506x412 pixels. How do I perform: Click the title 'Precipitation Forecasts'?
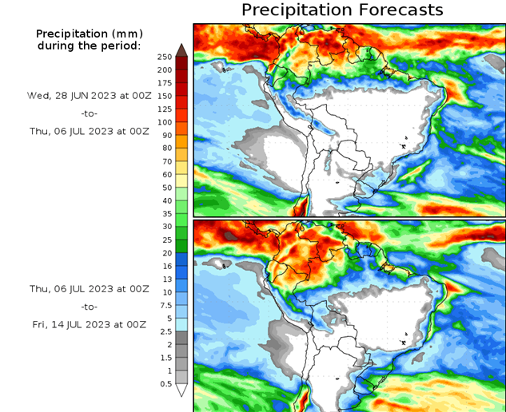(341, 10)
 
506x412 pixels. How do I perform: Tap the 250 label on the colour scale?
(164, 57)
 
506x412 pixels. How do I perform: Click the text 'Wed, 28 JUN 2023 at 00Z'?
(88, 95)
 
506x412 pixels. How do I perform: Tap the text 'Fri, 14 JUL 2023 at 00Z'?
(88, 325)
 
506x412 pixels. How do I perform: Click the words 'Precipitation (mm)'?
(88, 34)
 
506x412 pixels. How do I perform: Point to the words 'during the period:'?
(88, 46)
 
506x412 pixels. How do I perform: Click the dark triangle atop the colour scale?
(181, 50)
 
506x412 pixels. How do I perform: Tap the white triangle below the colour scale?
(181, 390)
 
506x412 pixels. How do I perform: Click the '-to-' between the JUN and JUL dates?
(88, 114)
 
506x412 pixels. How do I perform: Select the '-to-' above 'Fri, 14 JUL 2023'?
(88, 306)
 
